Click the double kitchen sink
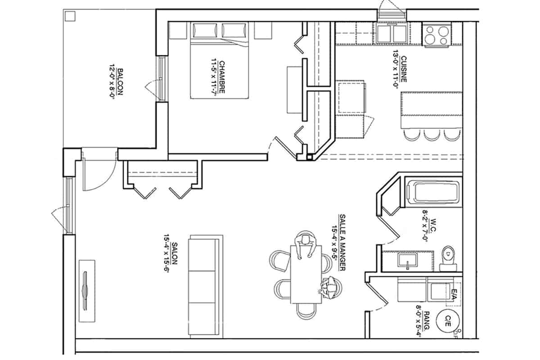[x=393, y=34]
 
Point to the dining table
[x=306, y=274]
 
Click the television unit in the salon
[x=87, y=290]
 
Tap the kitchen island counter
[x=432, y=110]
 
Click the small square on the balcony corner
[x=70, y=17]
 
